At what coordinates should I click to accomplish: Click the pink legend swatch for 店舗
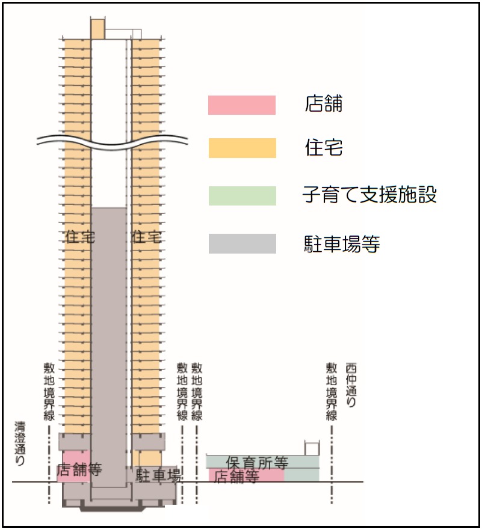coord(242,105)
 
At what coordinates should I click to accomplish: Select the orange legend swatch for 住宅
coord(242,148)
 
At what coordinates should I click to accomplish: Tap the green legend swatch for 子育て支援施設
coord(242,196)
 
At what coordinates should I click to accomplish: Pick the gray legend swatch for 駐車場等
coord(242,244)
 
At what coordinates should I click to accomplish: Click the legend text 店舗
coord(324,103)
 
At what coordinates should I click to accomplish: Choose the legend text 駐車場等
coord(342,243)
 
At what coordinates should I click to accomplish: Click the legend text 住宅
coord(324,147)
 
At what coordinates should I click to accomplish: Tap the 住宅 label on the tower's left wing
coord(80,237)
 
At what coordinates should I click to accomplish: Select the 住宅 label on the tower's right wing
coord(147,237)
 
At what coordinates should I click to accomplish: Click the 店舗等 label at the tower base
coord(79,469)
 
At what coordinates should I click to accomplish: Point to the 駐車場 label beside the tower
coord(158,475)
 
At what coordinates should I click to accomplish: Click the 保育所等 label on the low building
coord(257,463)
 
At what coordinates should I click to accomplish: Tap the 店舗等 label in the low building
coord(237,477)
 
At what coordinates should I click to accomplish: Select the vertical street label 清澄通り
coord(20,443)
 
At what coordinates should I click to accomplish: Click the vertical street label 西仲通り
coord(351,385)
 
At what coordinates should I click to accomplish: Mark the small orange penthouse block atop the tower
coord(97,29)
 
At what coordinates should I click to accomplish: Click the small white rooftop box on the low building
coord(312,448)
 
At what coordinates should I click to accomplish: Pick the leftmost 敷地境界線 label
coord(49,391)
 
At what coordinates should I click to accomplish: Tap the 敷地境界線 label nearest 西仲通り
coord(332,391)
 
